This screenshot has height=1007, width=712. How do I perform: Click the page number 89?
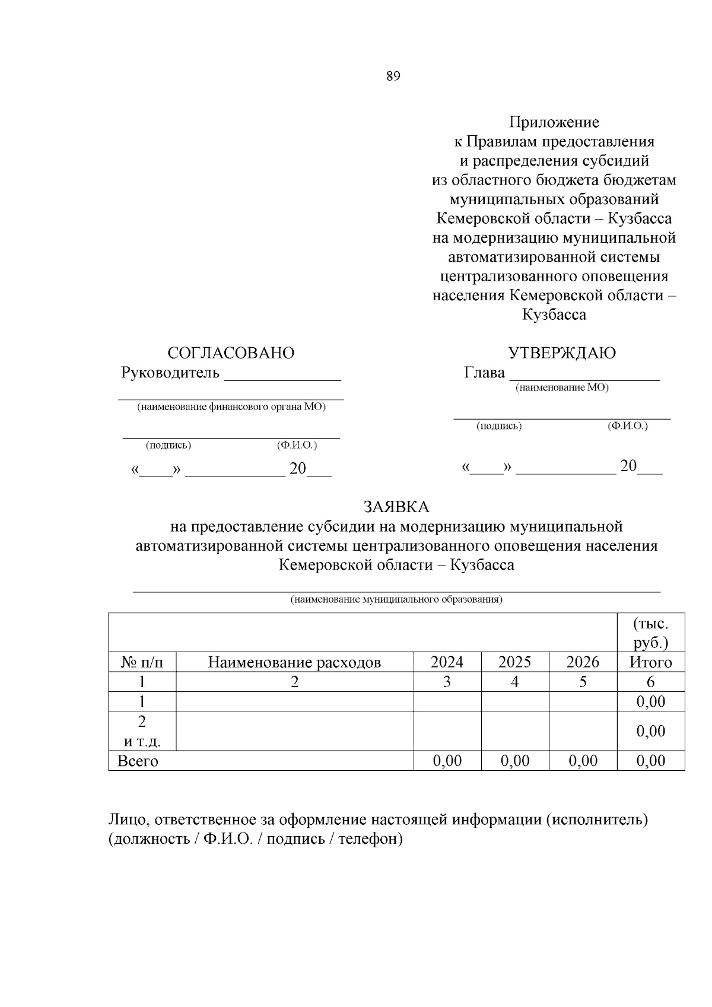(393, 76)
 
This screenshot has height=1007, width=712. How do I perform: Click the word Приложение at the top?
(554, 122)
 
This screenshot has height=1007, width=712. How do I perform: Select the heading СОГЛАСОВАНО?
(231, 353)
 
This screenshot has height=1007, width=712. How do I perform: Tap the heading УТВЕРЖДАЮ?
(562, 353)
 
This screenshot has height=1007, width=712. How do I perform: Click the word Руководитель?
(170, 373)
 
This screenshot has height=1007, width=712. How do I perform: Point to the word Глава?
(484, 373)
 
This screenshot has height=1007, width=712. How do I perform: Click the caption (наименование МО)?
(561, 387)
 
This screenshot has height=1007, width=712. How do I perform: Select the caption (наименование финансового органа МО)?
(231, 407)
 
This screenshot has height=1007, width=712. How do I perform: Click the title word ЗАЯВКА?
(396, 507)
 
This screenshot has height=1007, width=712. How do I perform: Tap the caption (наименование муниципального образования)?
(396, 599)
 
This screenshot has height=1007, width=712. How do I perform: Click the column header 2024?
(447, 662)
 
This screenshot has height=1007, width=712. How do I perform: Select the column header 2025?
(514, 662)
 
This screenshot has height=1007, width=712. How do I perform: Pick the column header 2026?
(583, 662)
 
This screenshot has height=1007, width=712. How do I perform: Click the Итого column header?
(650, 662)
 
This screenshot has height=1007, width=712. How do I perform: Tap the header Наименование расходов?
(294, 662)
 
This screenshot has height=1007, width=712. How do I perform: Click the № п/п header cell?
(142, 662)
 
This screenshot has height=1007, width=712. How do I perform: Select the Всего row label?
(138, 761)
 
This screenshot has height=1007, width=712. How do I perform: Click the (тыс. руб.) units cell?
(650, 633)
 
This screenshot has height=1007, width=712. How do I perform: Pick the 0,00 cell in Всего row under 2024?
(447, 761)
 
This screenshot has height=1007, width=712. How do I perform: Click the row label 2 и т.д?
(142, 731)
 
